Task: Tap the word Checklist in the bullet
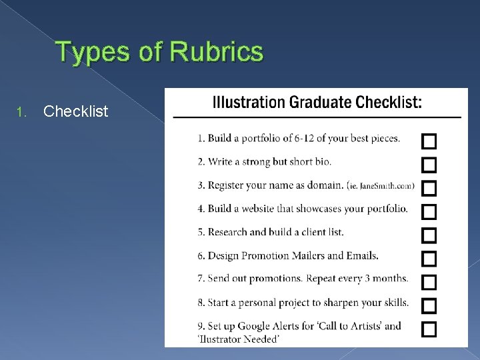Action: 75,111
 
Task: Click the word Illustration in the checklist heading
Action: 248,103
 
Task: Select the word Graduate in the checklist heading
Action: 319,103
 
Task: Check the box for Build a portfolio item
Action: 429,141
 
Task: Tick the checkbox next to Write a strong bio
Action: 429,165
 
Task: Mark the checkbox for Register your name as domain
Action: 429,188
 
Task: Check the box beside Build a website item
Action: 429,212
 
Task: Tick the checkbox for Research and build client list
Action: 429,235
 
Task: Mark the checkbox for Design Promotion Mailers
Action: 429,258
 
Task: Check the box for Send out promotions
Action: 429,282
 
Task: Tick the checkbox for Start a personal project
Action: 429,305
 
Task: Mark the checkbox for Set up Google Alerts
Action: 429,329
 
